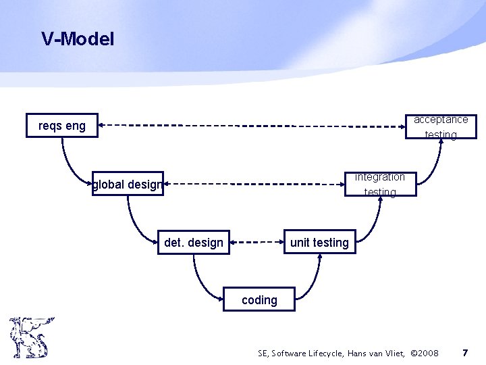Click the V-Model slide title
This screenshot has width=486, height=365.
pos(78,39)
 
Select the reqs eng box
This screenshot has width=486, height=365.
pos(62,125)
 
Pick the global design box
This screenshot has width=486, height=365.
pos(128,184)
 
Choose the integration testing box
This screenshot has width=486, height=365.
pos(380,184)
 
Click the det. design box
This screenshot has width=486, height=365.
pos(194,243)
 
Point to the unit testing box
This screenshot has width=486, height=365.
pos(319,243)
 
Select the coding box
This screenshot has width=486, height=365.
pos(259,299)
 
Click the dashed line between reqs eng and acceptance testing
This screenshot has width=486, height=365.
pos(250,125)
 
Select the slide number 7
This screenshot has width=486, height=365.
pos(464,353)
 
